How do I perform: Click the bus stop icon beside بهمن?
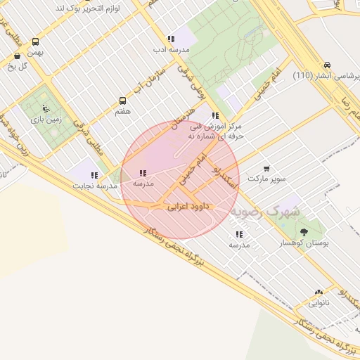click(16, 56)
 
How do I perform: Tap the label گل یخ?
click(16, 67)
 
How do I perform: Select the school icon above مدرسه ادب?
click(169, 39)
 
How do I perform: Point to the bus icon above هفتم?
click(123, 101)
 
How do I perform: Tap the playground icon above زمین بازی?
click(46, 108)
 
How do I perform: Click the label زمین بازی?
click(46, 120)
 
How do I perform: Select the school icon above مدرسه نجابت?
click(94, 175)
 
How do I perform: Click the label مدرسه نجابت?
click(92, 186)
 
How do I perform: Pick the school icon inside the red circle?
click(143, 173)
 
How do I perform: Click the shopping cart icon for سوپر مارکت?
click(266, 169)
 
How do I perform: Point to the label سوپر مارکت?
click(271, 179)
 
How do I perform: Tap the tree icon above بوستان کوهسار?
click(304, 232)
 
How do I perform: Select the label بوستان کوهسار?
click(300, 243)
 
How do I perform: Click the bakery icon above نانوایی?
click(319, 292)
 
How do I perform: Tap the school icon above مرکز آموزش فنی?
click(214, 115)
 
